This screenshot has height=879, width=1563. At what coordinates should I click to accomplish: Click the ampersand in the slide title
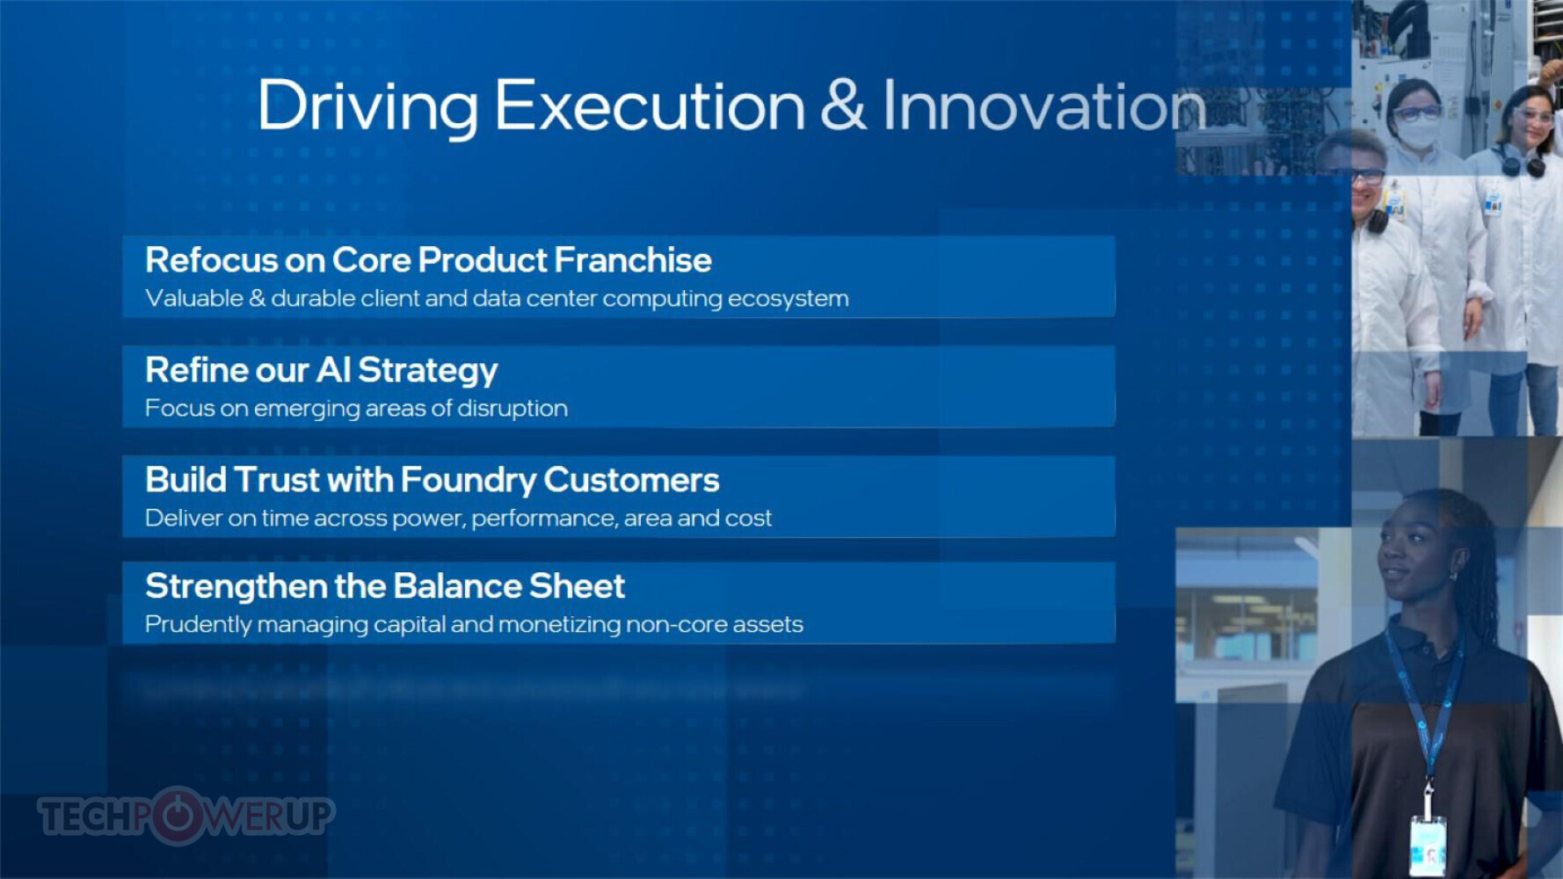(843, 105)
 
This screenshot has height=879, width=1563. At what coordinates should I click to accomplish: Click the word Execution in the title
(650, 105)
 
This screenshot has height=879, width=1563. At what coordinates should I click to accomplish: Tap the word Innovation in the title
(1044, 105)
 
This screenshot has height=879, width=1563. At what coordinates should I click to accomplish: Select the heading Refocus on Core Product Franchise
(428, 260)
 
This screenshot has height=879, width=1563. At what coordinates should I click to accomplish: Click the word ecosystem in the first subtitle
(788, 299)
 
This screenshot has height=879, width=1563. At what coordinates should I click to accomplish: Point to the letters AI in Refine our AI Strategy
(333, 370)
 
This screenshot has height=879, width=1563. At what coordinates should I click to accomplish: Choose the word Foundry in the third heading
(469, 480)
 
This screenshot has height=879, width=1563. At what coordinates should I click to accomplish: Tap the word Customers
(631, 480)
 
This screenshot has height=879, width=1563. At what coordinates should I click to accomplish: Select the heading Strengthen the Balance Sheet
(385, 586)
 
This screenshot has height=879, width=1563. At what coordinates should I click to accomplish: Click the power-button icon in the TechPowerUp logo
(178, 815)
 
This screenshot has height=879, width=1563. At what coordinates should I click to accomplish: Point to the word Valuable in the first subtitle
(194, 299)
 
